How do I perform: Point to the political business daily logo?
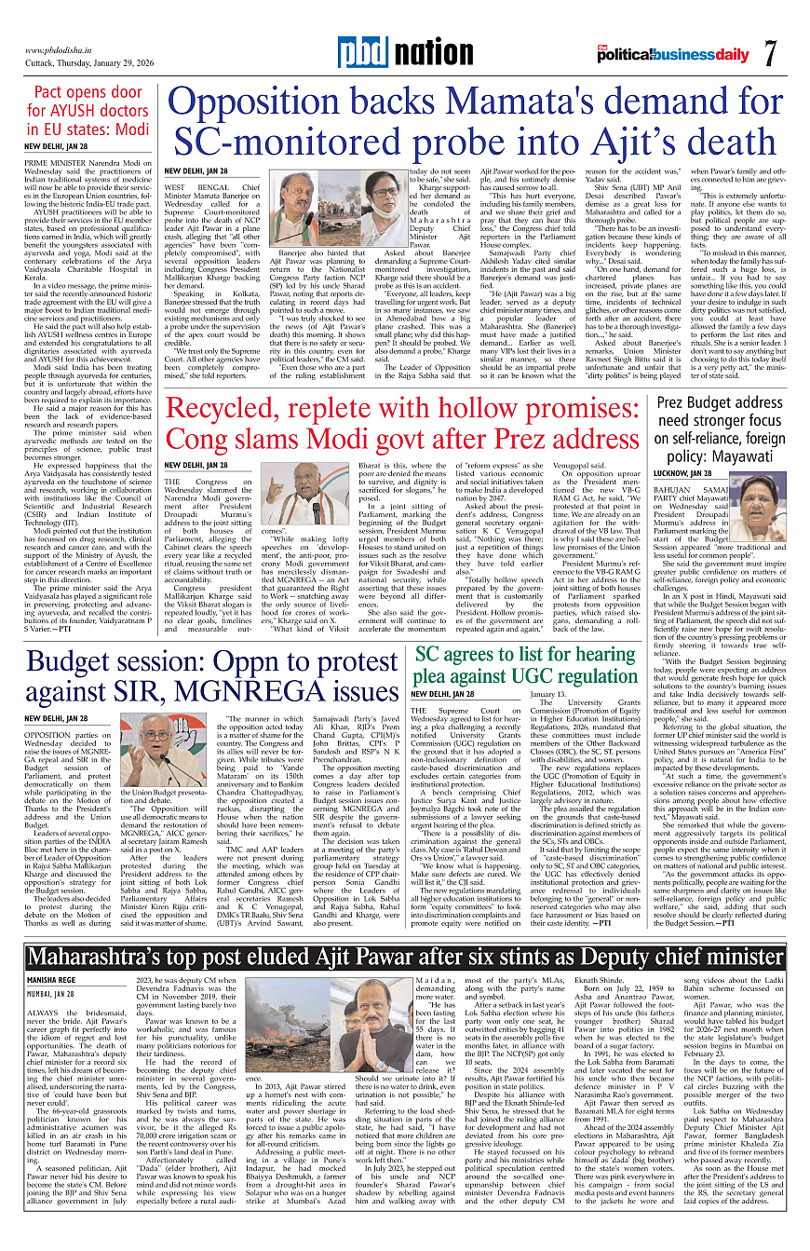click(x=673, y=53)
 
